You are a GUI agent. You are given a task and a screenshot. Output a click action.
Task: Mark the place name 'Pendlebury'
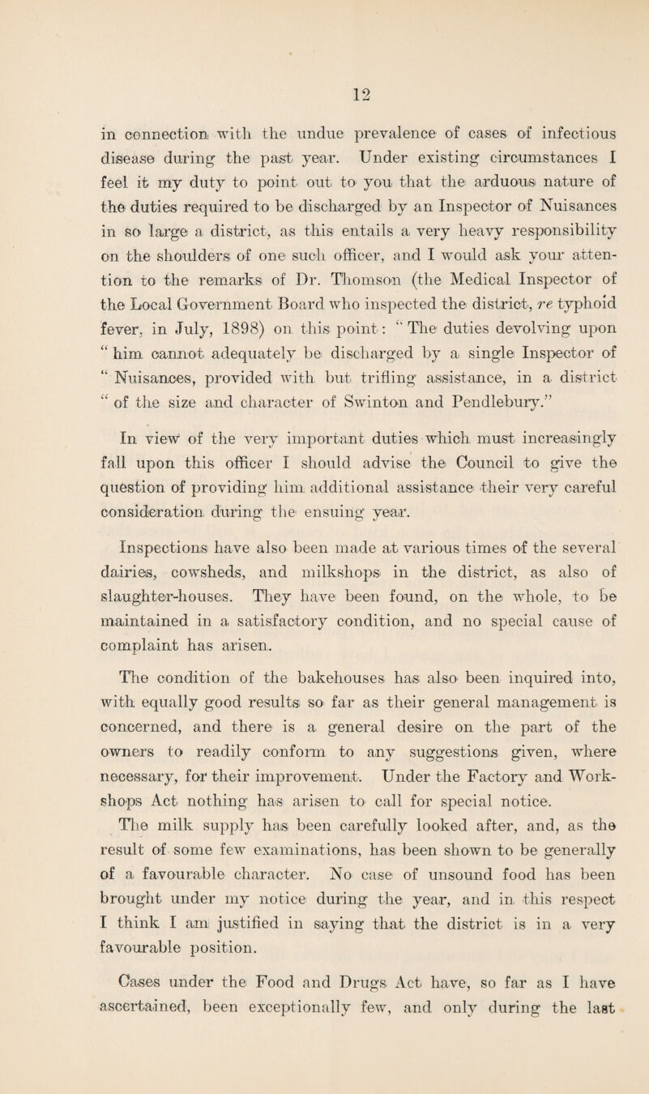(x=408, y=427)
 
